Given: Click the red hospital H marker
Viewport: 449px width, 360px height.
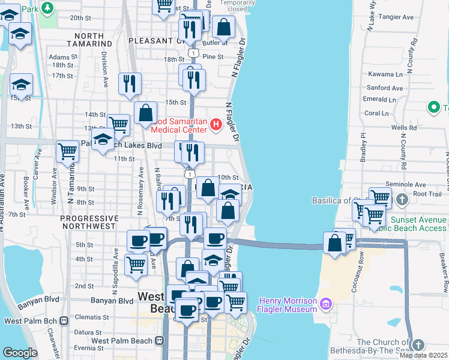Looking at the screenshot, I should (217, 124).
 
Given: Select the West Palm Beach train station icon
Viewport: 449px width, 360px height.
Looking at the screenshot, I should (159, 341).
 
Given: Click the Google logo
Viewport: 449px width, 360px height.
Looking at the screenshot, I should (20, 353).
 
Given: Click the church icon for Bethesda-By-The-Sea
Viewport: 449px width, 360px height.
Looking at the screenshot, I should (418, 344).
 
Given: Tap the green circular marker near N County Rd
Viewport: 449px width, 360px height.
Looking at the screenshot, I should (433, 108).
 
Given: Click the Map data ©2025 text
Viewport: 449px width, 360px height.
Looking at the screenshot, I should (423, 355).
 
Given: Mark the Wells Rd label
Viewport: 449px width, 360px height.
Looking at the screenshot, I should (403, 128).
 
